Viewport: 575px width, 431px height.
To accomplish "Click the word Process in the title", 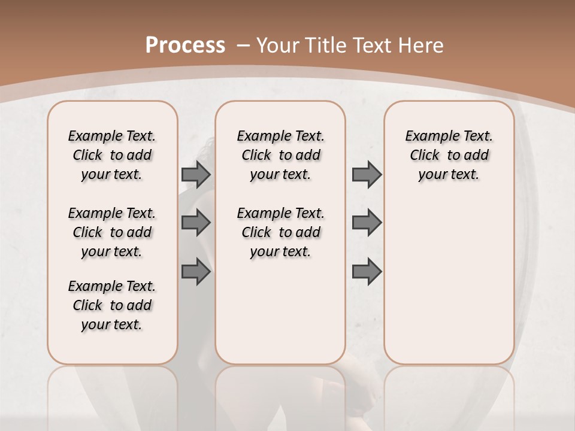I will tap(185, 45).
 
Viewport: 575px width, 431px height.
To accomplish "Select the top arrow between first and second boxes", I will tap(195, 174).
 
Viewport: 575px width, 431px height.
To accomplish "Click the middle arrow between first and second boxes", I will tap(195, 223).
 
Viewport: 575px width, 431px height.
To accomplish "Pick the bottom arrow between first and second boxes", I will tap(195, 272).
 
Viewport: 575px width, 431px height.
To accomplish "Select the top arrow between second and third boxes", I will tap(366, 174).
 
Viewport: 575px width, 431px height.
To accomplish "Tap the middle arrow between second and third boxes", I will tap(366, 223).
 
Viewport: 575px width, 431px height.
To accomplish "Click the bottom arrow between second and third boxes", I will tap(366, 272).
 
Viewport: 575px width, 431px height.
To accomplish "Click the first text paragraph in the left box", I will tap(112, 155).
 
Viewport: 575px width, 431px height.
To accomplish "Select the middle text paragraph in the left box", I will tap(112, 232).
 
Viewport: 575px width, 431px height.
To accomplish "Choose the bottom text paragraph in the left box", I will tap(112, 305).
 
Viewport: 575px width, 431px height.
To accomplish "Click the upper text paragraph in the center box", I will tap(280, 155).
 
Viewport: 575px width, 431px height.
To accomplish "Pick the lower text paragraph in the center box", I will tap(280, 232).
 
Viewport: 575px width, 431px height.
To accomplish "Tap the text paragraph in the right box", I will tap(449, 155).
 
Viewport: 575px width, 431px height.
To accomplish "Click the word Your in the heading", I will tap(277, 45).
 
